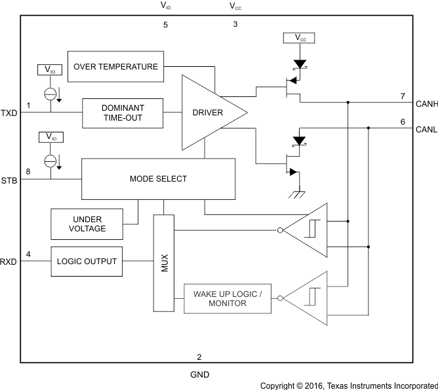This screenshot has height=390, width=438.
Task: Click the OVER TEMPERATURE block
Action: click(116, 66)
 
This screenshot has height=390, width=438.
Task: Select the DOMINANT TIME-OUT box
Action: click(122, 112)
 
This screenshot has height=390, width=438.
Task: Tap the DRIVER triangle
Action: click(209, 113)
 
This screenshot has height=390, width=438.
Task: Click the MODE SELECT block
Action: click(158, 178)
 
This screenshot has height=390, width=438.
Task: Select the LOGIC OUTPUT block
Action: click(87, 261)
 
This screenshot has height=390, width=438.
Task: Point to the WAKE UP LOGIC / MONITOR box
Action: click(227, 299)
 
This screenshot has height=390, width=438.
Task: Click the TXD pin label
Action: click(9, 113)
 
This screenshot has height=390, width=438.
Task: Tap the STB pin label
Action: click(9, 179)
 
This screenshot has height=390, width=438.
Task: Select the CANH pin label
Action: click(426, 103)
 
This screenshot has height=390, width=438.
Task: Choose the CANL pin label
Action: click(426, 129)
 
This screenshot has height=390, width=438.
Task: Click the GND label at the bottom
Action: click(199, 375)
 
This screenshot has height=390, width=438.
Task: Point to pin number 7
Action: click(403, 96)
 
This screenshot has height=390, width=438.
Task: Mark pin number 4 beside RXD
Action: click(28, 254)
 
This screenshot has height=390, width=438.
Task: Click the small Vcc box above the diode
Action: click(299, 39)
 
